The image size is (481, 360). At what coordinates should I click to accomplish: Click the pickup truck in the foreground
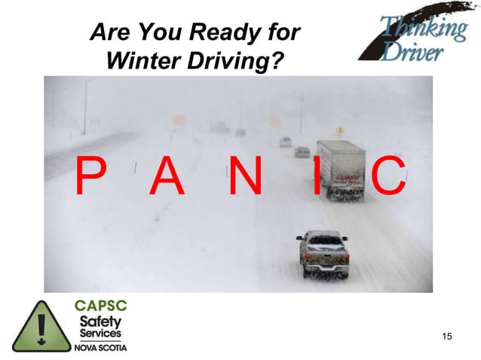(323, 252)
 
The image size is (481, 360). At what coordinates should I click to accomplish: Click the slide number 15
(447, 335)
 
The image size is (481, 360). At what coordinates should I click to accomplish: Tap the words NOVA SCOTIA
(100, 348)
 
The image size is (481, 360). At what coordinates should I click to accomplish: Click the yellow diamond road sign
(340, 131)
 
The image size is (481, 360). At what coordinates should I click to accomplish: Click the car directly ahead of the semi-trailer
(302, 151)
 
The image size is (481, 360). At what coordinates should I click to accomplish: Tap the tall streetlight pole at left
(84, 105)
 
